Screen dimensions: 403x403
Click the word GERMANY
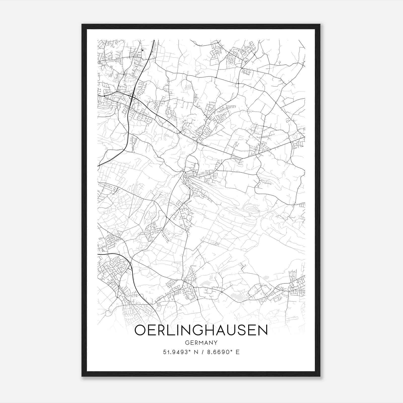coord(201,343)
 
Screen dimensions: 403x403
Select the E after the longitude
coord(237,352)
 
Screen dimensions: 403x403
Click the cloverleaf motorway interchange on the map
coord(132,97)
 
